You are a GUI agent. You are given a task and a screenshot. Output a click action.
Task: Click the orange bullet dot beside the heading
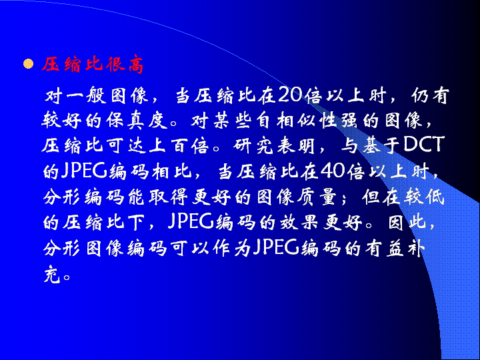(28, 64)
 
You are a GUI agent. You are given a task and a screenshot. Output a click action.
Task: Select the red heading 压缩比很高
(93, 65)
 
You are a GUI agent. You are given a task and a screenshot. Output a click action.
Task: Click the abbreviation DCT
(424, 145)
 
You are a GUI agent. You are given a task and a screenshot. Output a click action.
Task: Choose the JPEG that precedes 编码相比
(83, 171)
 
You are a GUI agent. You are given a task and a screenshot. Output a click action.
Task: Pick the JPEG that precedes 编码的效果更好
(191, 221)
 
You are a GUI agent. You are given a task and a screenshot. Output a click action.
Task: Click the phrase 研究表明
(274, 145)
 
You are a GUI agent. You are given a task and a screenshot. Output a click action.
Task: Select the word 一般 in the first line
(75, 95)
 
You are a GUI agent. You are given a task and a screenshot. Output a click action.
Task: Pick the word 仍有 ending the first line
(430, 95)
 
